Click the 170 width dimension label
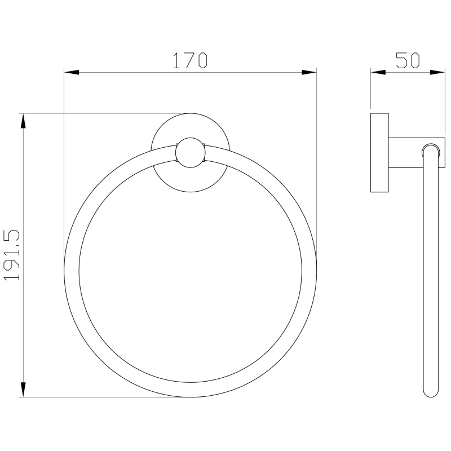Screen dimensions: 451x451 tap(190, 60)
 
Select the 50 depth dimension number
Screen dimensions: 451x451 tap(408, 60)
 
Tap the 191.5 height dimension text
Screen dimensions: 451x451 tap(11, 255)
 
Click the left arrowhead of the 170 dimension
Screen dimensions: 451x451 tap(72, 72)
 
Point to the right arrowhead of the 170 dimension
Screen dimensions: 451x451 tap(309, 72)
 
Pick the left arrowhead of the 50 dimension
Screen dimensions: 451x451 tap(378, 72)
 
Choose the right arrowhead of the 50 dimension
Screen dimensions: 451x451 tap(437, 72)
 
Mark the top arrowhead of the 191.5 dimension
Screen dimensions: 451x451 tap(23, 121)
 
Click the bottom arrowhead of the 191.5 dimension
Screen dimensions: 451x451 tap(23, 390)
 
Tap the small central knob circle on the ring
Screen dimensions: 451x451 tap(190, 152)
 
